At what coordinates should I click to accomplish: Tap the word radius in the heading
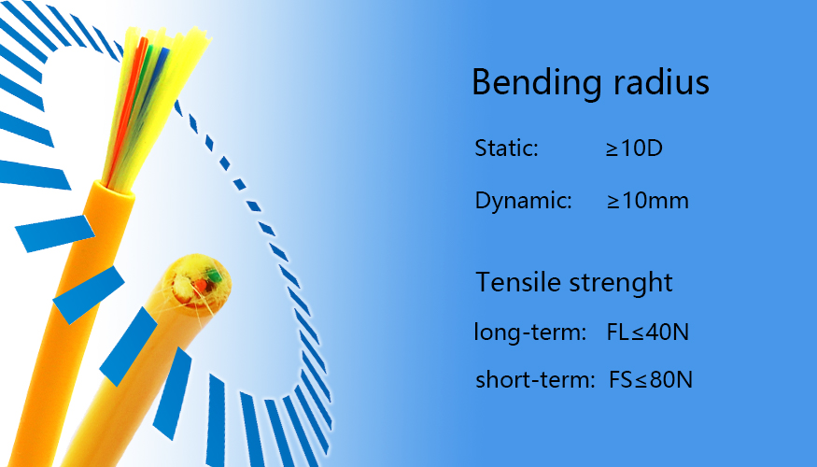(661, 82)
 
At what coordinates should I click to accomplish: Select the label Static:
(506, 148)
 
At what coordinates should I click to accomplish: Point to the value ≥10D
(634, 149)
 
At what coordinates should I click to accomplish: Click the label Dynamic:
(524, 201)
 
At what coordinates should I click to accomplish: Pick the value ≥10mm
(648, 201)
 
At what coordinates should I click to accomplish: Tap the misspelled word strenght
(621, 283)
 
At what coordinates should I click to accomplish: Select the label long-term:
(530, 333)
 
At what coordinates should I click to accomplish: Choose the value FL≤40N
(648, 332)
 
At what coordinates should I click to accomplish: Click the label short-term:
(535, 379)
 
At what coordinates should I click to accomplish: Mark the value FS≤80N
(651, 379)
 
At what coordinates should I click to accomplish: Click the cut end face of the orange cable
(196, 282)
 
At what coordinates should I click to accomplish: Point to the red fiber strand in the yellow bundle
(128, 105)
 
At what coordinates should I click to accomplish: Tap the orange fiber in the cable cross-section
(201, 285)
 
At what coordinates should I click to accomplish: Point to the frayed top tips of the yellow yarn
(167, 36)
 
